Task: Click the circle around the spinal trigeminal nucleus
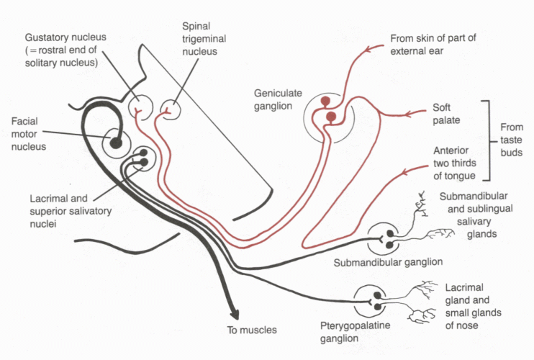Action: (171, 110)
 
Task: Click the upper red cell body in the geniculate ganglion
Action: (327, 102)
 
